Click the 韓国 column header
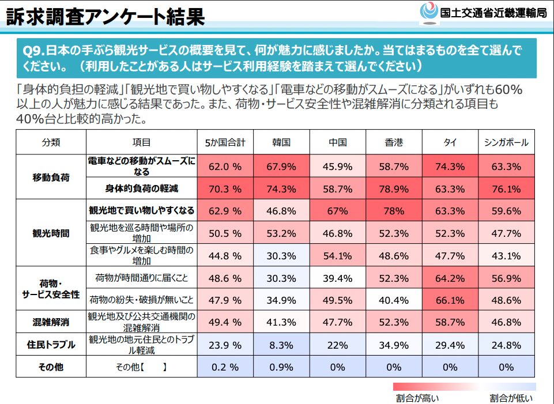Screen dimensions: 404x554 [x=281, y=142]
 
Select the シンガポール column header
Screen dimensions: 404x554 [x=507, y=142]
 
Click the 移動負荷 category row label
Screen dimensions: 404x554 [x=51, y=177]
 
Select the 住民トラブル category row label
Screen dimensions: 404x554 [x=51, y=345]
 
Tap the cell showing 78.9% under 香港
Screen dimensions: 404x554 [x=394, y=188]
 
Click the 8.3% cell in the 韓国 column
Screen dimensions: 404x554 [x=281, y=345]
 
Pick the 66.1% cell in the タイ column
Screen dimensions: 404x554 [x=450, y=300]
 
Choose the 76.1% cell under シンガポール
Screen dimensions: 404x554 [x=507, y=188]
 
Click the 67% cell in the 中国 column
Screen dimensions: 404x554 [x=338, y=211]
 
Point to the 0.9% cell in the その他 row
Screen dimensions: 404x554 [x=281, y=367]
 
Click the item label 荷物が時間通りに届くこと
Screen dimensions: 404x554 [x=141, y=278]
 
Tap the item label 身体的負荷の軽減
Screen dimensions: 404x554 [x=141, y=188]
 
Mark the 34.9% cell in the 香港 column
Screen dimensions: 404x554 [x=394, y=345]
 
